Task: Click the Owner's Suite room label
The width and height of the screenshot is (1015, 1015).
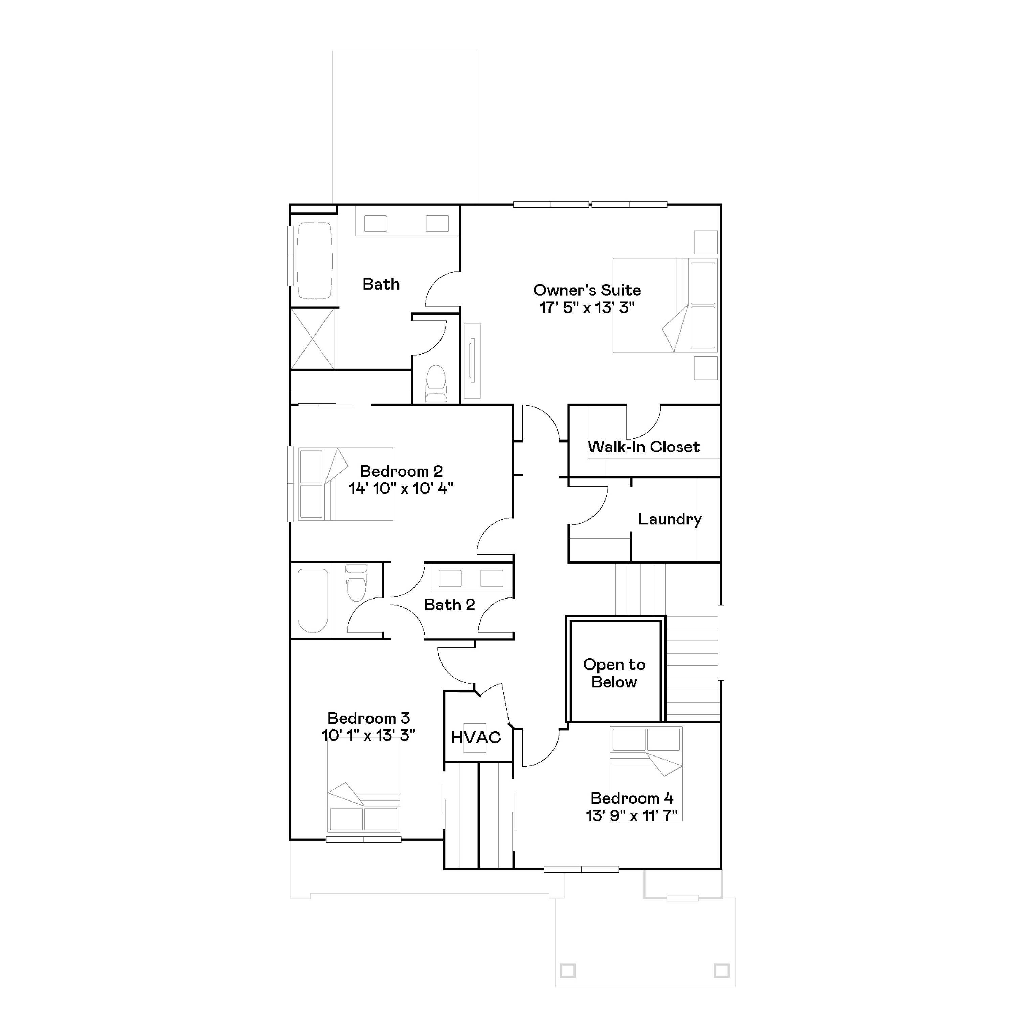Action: click(587, 290)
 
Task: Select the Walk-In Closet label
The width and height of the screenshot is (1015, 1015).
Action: click(644, 447)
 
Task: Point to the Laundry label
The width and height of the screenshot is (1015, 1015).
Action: click(670, 519)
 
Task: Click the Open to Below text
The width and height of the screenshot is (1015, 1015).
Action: click(614, 673)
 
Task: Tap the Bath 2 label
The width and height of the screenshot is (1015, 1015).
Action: click(449, 605)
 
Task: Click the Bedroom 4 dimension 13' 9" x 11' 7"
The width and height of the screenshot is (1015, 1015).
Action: click(631, 815)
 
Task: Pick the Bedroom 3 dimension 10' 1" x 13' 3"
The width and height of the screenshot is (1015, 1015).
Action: click(368, 735)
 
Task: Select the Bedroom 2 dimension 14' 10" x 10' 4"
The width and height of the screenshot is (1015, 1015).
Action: click(401, 489)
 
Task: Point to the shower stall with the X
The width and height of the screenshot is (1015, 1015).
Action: click(313, 338)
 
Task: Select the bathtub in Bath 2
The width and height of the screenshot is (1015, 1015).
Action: click(313, 601)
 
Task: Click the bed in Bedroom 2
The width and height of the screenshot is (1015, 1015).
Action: click(345, 484)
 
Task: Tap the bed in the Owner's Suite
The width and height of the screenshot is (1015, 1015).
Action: click(664, 305)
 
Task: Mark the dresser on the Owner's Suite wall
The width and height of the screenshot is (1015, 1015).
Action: click(472, 360)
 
